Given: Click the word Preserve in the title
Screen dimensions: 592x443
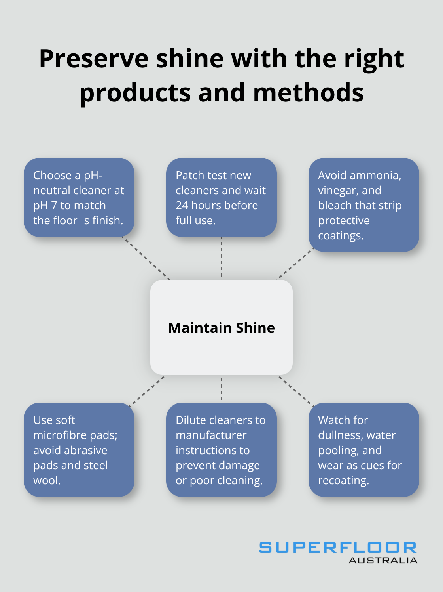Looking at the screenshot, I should [x=94, y=59].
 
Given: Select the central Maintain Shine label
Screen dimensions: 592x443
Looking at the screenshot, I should [x=221, y=328].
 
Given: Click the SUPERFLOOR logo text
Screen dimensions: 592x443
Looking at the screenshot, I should [x=338, y=548].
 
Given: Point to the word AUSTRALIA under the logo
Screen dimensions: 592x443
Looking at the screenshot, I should [x=383, y=560].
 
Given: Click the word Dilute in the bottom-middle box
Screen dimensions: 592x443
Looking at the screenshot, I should [x=191, y=420].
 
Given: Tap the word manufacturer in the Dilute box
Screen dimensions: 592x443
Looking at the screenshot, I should [x=211, y=435].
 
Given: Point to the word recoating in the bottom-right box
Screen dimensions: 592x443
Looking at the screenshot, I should [x=343, y=480].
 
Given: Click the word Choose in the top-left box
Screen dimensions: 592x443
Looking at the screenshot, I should [x=52, y=175].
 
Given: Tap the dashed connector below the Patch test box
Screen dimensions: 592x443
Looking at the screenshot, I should [x=221, y=258].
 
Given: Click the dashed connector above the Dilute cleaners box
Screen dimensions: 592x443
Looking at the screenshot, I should [x=221, y=389].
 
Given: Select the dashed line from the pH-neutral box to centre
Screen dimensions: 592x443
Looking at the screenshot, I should [x=146, y=258].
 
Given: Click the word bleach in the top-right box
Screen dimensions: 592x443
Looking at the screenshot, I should [x=335, y=205].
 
